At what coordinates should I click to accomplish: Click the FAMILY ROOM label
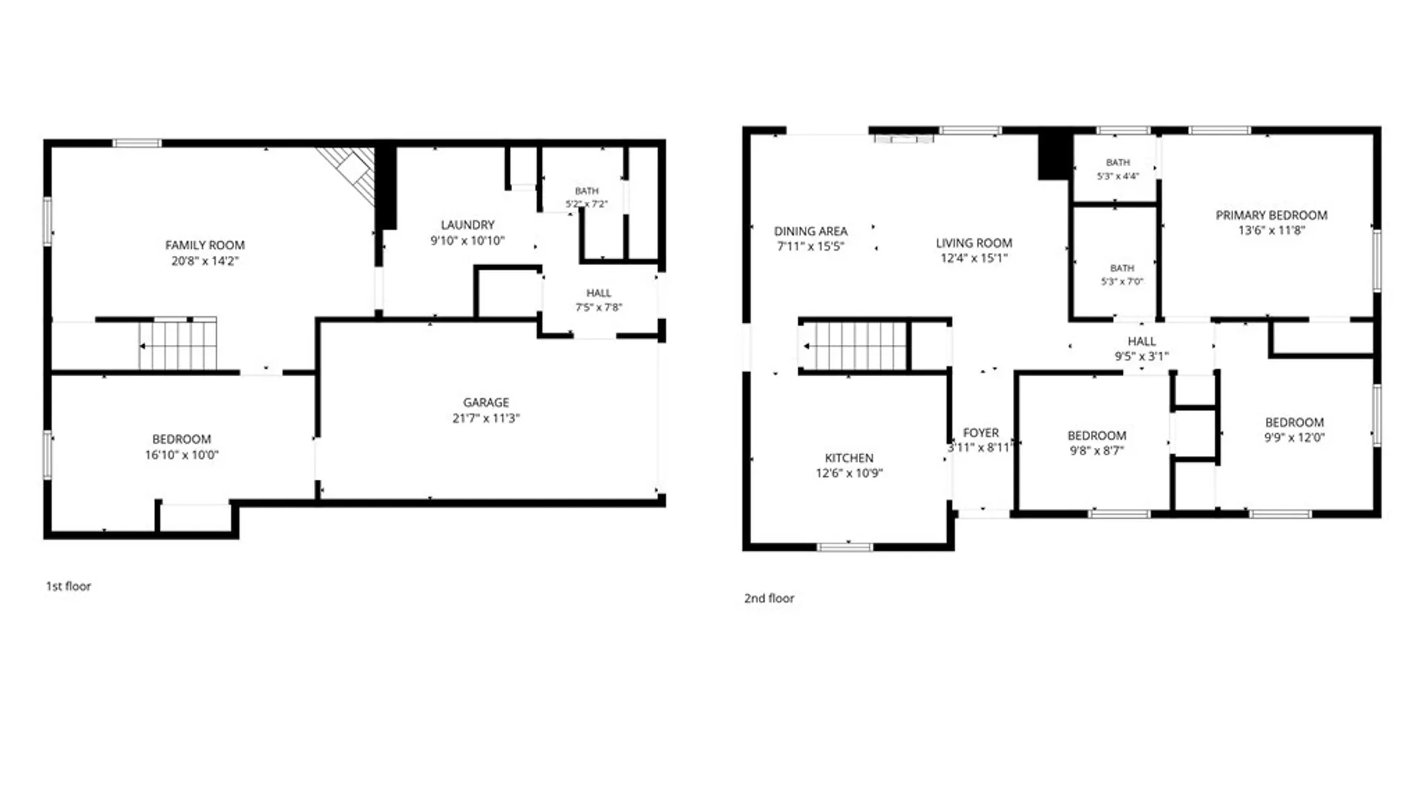pos(205,245)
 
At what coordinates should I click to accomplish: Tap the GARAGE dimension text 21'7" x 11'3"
pos(486,418)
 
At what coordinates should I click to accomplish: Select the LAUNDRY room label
pos(468,225)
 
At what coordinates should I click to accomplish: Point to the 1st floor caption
pos(68,586)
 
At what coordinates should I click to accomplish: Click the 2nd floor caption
pos(769,598)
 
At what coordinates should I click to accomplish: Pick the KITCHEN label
pos(849,458)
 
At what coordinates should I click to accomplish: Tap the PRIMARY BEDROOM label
pos(1272,215)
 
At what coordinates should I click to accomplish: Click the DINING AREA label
pos(811,231)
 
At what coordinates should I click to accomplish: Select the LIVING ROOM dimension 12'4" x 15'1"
pos(974,258)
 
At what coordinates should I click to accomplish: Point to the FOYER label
pos(981,432)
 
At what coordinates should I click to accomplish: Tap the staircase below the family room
pos(179,344)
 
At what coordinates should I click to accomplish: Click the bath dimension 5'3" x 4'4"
pos(1118,177)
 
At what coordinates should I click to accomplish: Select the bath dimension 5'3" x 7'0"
pos(1122,282)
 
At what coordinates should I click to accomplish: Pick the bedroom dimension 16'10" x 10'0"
pos(182,455)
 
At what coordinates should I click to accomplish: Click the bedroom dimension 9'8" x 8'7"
pos(1097,450)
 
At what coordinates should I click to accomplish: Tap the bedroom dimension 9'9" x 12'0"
pos(1294,438)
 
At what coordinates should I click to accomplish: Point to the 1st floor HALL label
pos(599,293)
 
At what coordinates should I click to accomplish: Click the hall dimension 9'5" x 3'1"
pos(1142,356)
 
